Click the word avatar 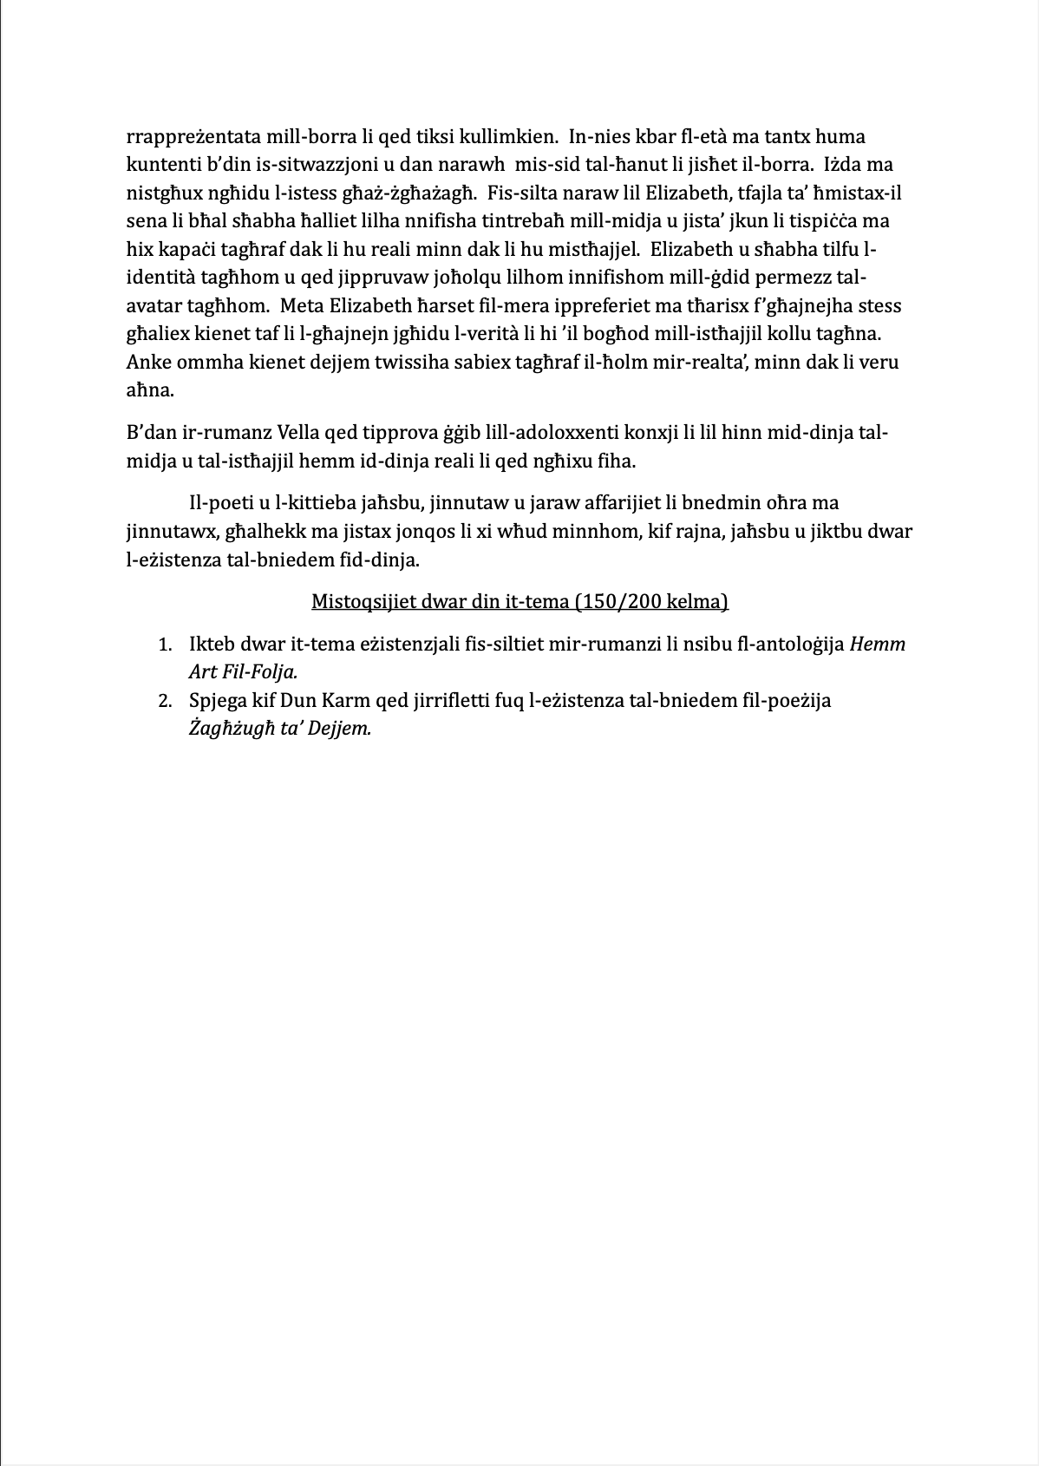pos(154,306)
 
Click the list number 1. pos(164,645)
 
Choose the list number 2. pos(164,701)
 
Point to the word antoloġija pos(800,645)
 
